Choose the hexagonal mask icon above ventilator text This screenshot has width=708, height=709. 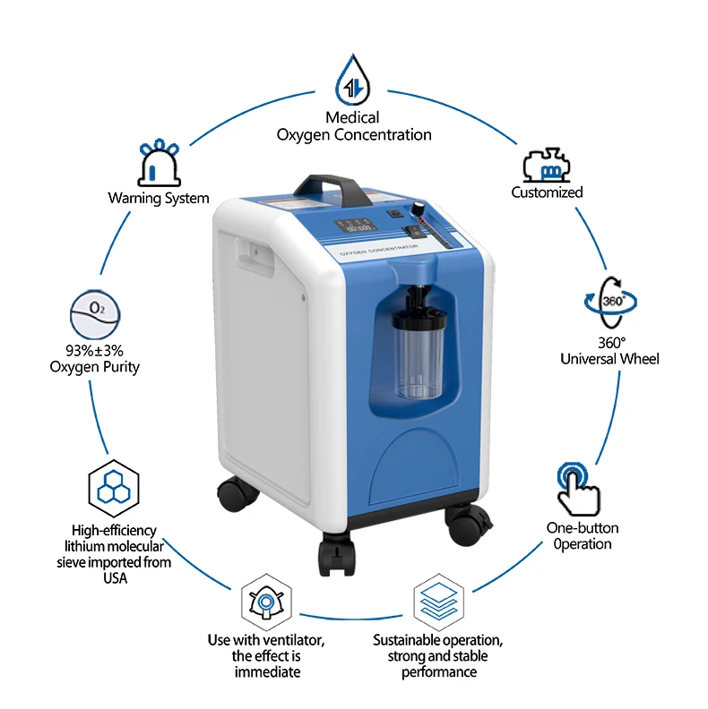266,602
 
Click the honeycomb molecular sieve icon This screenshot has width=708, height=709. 113,488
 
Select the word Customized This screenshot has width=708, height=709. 547,192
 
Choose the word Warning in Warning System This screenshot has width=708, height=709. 134,198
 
